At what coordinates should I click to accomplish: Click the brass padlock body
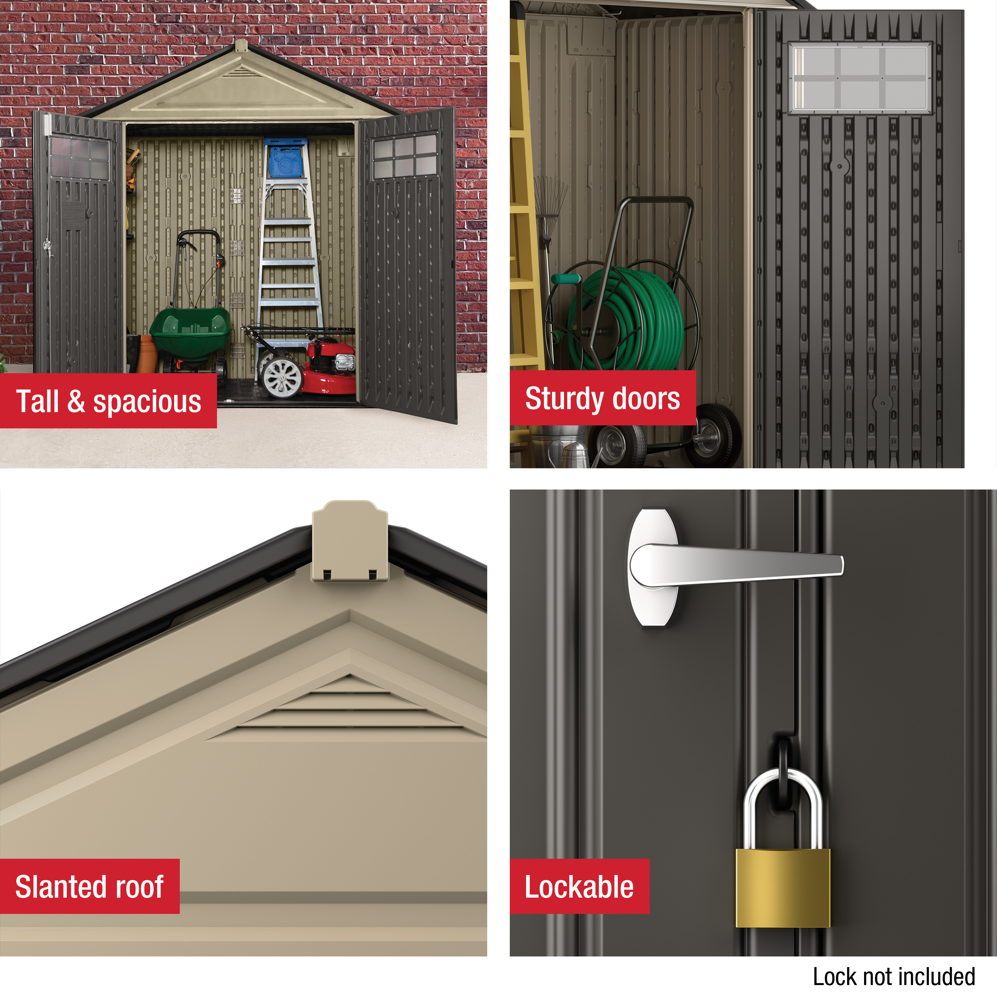click(x=783, y=888)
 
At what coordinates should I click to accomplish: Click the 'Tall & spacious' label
click(x=108, y=401)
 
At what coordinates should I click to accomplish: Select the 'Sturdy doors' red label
click(x=603, y=398)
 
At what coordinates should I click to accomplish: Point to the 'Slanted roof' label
click(x=90, y=887)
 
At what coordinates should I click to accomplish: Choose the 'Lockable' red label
click(x=580, y=887)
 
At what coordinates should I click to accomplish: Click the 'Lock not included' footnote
click(x=894, y=976)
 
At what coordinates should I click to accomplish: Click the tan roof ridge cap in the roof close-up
click(x=350, y=541)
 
